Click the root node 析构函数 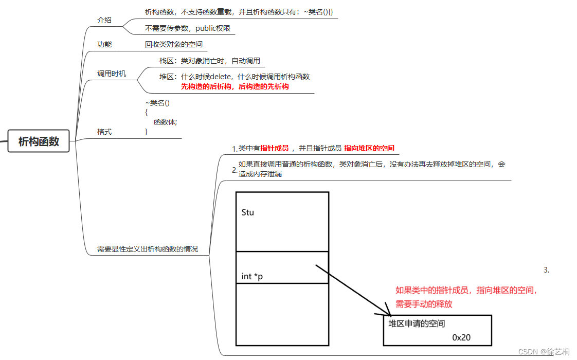pos(39,141)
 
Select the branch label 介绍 pos(104,21)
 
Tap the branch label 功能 pos(104,44)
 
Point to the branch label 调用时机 pos(111,74)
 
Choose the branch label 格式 pos(104,132)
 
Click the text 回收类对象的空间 pos(173,44)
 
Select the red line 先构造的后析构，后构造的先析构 pos(235,86)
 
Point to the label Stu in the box pos(247,212)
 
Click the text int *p pos(252,276)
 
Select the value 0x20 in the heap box pos(461,337)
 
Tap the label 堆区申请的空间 pos(417,323)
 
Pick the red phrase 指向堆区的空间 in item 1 pos(369,148)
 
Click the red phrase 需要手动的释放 pos(424,304)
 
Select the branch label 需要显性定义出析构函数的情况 pos(147,249)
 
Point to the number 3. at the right pos(546,269)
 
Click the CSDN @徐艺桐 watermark pos(544,352)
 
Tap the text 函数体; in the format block pos(165,122)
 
